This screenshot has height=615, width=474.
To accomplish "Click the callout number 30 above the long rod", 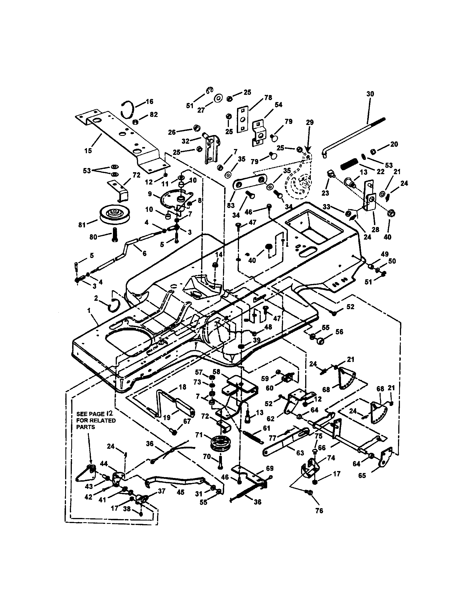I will (x=370, y=94).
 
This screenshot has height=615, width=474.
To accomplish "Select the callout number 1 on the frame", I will (x=89, y=310).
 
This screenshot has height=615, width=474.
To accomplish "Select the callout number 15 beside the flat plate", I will (x=88, y=151).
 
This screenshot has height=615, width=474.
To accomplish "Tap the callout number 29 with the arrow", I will (x=309, y=122).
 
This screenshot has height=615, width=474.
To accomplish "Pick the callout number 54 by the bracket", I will (x=278, y=105).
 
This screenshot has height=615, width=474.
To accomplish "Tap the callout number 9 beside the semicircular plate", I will (x=150, y=194).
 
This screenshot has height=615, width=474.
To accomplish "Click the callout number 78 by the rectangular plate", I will (x=268, y=98).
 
